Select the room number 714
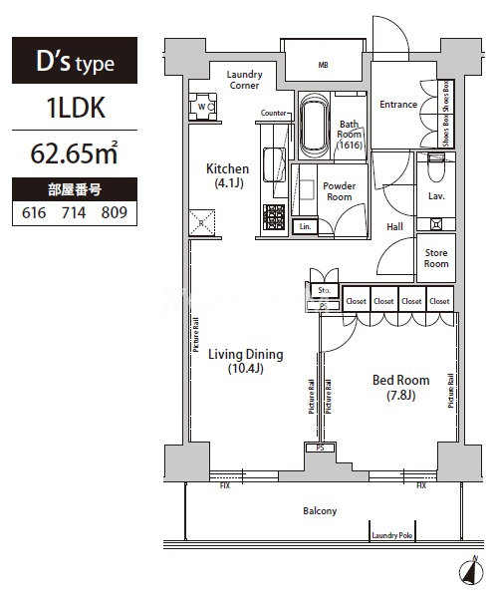(x=74, y=212)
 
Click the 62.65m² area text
(x=75, y=153)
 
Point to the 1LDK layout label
(x=75, y=109)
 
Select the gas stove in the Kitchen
(x=274, y=215)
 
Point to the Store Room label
(x=436, y=258)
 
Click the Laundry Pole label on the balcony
(x=392, y=535)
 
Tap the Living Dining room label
(x=245, y=361)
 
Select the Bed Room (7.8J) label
(x=400, y=387)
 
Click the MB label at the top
(x=323, y=66)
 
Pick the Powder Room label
(x=340, y=191)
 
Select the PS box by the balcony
(x=321, y=450)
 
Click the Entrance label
(x=398, y=104)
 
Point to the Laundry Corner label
(x=243, y=80)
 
